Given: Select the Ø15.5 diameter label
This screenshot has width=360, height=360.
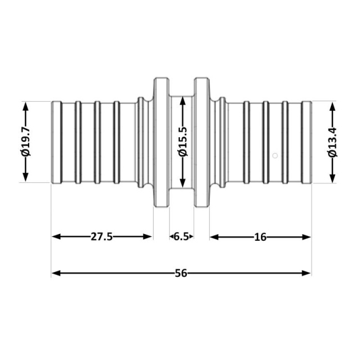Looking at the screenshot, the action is pos(183,142).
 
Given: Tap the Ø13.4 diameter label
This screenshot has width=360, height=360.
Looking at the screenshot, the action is pos(332,142).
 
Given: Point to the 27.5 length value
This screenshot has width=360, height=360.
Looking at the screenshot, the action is pos(102,236).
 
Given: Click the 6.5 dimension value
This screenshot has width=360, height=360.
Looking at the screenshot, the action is pos(181,236).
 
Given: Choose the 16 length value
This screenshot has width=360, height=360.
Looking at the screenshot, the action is pos(260,237).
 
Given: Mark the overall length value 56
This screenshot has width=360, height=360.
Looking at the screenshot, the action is pos(181,273).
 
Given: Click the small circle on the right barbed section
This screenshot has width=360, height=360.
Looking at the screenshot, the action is pos(275,156).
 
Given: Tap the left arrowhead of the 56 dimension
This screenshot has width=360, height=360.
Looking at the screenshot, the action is pos(56,273).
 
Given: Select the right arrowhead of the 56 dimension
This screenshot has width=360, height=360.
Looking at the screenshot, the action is pos(306,273).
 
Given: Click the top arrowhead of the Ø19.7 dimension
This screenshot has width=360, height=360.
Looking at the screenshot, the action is pos(25,107).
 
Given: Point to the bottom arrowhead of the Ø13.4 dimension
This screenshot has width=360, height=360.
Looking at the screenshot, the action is pos(332,178).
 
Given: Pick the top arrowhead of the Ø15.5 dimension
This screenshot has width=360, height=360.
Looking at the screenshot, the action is pos(183,101).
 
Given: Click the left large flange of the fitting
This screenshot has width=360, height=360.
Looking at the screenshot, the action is pos(161,142).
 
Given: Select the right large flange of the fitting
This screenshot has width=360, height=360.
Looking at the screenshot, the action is pos(202,142).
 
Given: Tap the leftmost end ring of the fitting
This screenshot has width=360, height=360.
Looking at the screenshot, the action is pos(56,142).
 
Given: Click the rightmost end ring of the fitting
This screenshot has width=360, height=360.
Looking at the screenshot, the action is pos(306,142).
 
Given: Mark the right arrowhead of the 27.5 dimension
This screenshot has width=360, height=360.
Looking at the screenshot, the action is pos(147,236).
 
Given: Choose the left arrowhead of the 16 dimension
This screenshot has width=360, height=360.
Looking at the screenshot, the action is pos(214,237).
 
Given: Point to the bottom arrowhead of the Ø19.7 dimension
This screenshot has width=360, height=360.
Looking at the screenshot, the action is pos(25,177).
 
